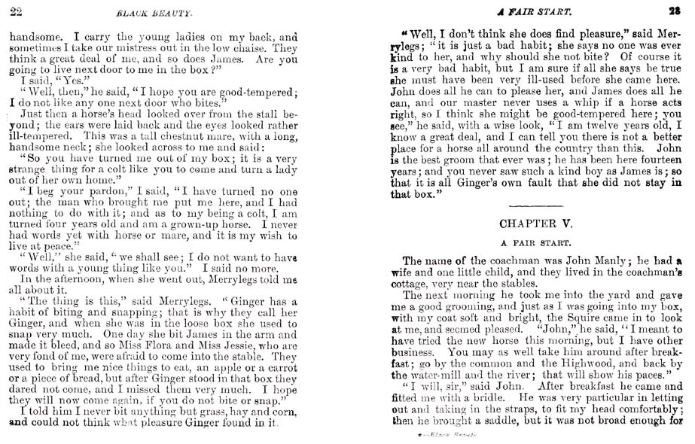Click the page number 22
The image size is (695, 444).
(x=15, y=11)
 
